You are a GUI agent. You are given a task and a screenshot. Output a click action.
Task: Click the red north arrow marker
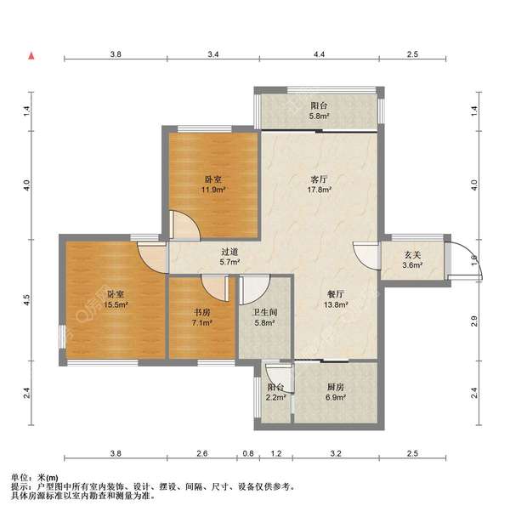click(x=31, y=56)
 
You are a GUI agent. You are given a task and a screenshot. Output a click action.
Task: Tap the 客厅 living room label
click(x=319, y=179)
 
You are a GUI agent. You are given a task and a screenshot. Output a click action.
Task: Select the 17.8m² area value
click(x=319, y=190)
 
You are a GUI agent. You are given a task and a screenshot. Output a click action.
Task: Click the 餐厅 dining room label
click(x=336, y=294)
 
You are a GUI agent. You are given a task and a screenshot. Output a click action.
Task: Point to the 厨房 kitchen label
click(x=336, y=387)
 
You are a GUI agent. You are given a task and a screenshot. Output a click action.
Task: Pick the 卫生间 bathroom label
click(x=264, y=313)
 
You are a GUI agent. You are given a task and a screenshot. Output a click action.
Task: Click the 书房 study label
click(x=201, y=312)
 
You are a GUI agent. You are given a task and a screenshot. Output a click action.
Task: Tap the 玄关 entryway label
click(x=412, y=255)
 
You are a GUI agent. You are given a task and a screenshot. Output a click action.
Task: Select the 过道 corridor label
click(x=229, y=253)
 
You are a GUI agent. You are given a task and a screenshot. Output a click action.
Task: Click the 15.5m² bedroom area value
click(x=116, y=305)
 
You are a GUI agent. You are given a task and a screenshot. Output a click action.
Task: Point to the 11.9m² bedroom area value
click(x=213, y=190)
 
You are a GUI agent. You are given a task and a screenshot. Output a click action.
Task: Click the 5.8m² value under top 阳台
click(x=319, y=116)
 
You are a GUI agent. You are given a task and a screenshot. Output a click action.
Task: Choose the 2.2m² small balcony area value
click(x=275, y=398)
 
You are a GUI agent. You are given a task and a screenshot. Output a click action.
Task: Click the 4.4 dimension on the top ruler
click(x=319, y=54)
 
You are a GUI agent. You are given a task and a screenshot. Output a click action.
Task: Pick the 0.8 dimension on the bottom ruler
click(x=248, y=454)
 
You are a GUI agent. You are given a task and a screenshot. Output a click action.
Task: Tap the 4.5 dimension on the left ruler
click(x=27, y=299)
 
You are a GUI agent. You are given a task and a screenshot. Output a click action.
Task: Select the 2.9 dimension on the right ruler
click(x=474, y=321)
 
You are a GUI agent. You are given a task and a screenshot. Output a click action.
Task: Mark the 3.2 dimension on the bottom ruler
click(x=336, y=454)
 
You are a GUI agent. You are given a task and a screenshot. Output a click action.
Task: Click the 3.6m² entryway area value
click(x=412, y=265)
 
